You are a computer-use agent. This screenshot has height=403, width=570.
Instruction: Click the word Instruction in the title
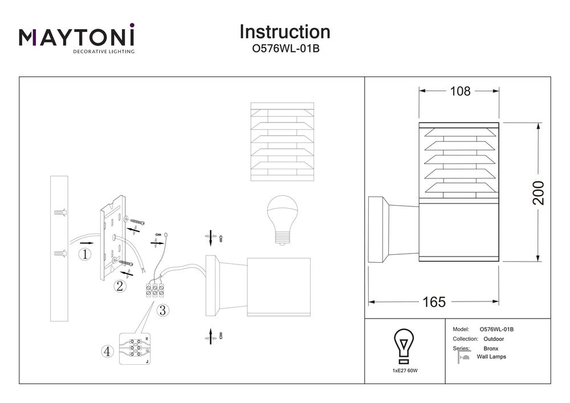tap(284, 31)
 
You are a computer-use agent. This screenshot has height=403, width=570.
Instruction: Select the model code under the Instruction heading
tap(285, 49)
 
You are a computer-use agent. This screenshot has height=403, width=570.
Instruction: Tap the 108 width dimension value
tap(460, 91)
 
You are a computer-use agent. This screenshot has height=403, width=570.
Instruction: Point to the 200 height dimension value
tap(538, 193)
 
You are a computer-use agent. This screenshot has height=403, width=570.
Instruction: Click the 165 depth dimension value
tap(434, 302)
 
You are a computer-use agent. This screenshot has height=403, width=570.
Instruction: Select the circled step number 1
tap(85, 254)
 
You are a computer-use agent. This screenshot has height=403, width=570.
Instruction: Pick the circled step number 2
tap(120, 286)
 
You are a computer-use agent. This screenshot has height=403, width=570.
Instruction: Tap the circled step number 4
tap(107, 352)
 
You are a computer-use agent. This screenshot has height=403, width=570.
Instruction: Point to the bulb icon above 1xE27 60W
tap(404, 345)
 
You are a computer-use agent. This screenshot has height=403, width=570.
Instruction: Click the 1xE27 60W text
tap(404, 371)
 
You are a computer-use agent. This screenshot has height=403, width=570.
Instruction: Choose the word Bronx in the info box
tap(490, 348)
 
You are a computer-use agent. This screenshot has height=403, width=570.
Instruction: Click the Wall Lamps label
tap(491, 357)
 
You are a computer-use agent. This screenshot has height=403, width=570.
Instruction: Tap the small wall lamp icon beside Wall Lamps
tap(463, 357)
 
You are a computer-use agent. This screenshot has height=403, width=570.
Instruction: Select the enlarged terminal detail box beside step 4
tap(135, 348)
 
